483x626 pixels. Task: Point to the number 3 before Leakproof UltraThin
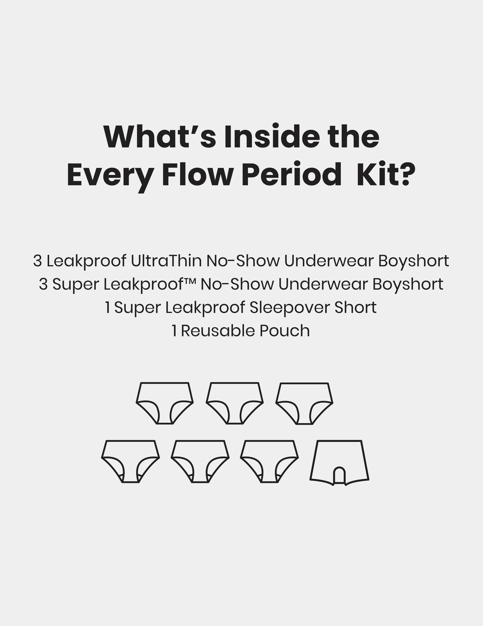[37, 261]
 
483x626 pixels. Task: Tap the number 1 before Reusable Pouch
[174, 331]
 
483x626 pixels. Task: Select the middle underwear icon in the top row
[235, 403]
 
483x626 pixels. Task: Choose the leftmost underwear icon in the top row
[165, 403]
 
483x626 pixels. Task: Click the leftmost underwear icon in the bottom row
[131, 462]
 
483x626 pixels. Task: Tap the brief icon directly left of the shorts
[270, 462]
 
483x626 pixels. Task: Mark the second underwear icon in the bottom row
[200, 462]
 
